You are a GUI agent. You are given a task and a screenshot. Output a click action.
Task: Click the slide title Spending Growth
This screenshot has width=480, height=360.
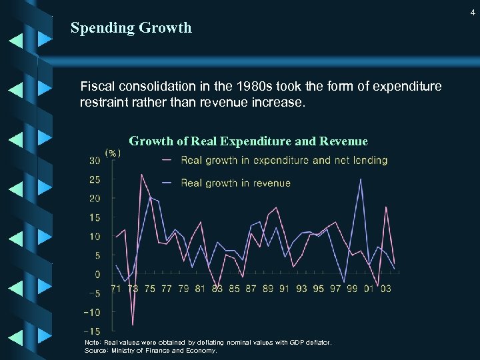[x=131, y=28]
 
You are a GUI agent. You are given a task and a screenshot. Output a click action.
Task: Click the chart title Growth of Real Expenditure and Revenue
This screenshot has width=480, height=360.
[x=248, y=141]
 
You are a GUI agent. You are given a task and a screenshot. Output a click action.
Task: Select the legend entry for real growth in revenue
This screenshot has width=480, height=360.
[x=235, y=183]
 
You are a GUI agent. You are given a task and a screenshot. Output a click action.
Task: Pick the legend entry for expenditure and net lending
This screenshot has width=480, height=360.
[x=284, y=160]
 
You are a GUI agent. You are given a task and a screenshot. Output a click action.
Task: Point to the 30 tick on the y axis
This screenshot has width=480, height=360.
[x=94, y=161]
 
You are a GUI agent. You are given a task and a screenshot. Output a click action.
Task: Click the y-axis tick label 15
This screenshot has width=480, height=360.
[x=95, y=217]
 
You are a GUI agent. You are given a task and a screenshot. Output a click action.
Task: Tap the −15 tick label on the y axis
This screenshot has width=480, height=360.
[x=92, y=331]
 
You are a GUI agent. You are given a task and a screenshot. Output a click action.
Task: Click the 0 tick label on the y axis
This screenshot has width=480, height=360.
[x=97, y=275]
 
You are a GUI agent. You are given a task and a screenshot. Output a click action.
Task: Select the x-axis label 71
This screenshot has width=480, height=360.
[x=116, y=289]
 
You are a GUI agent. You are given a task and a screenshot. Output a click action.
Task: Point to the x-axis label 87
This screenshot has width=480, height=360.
[x=251, y=289]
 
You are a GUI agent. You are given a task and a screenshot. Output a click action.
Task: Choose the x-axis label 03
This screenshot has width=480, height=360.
[x=385, y=289]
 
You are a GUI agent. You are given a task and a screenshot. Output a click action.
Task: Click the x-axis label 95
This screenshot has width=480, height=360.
[x=318, y=289]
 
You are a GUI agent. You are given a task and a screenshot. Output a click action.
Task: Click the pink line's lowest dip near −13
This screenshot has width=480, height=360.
[x=133, y=325]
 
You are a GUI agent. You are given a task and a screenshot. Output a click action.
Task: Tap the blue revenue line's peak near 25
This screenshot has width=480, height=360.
[x=361, y=179]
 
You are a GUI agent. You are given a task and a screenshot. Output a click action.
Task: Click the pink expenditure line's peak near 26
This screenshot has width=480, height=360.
[x=141, y=175]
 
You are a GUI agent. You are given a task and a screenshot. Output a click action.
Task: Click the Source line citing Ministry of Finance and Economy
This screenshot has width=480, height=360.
[x=151, y=350]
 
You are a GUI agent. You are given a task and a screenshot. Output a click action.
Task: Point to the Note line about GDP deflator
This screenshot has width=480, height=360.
[x=207, y=343]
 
